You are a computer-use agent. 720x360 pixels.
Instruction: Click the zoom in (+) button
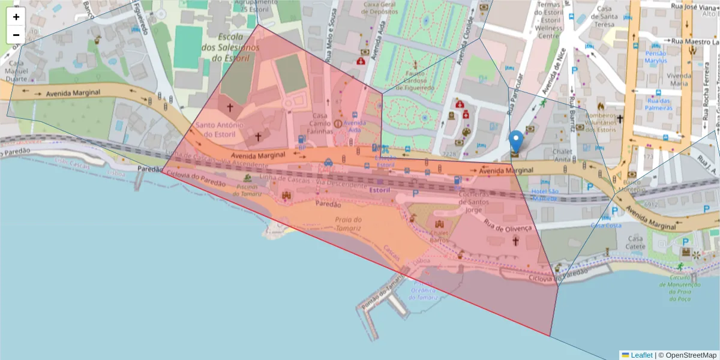click(x=16, y=17)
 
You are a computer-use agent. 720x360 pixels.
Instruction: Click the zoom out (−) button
click(x=16, y=35)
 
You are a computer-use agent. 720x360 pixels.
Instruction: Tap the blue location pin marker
click(x=516, y=143)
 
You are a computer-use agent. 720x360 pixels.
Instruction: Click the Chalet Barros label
click(x=440, y=237)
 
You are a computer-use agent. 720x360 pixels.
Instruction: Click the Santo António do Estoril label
click(x=218, y=130)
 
